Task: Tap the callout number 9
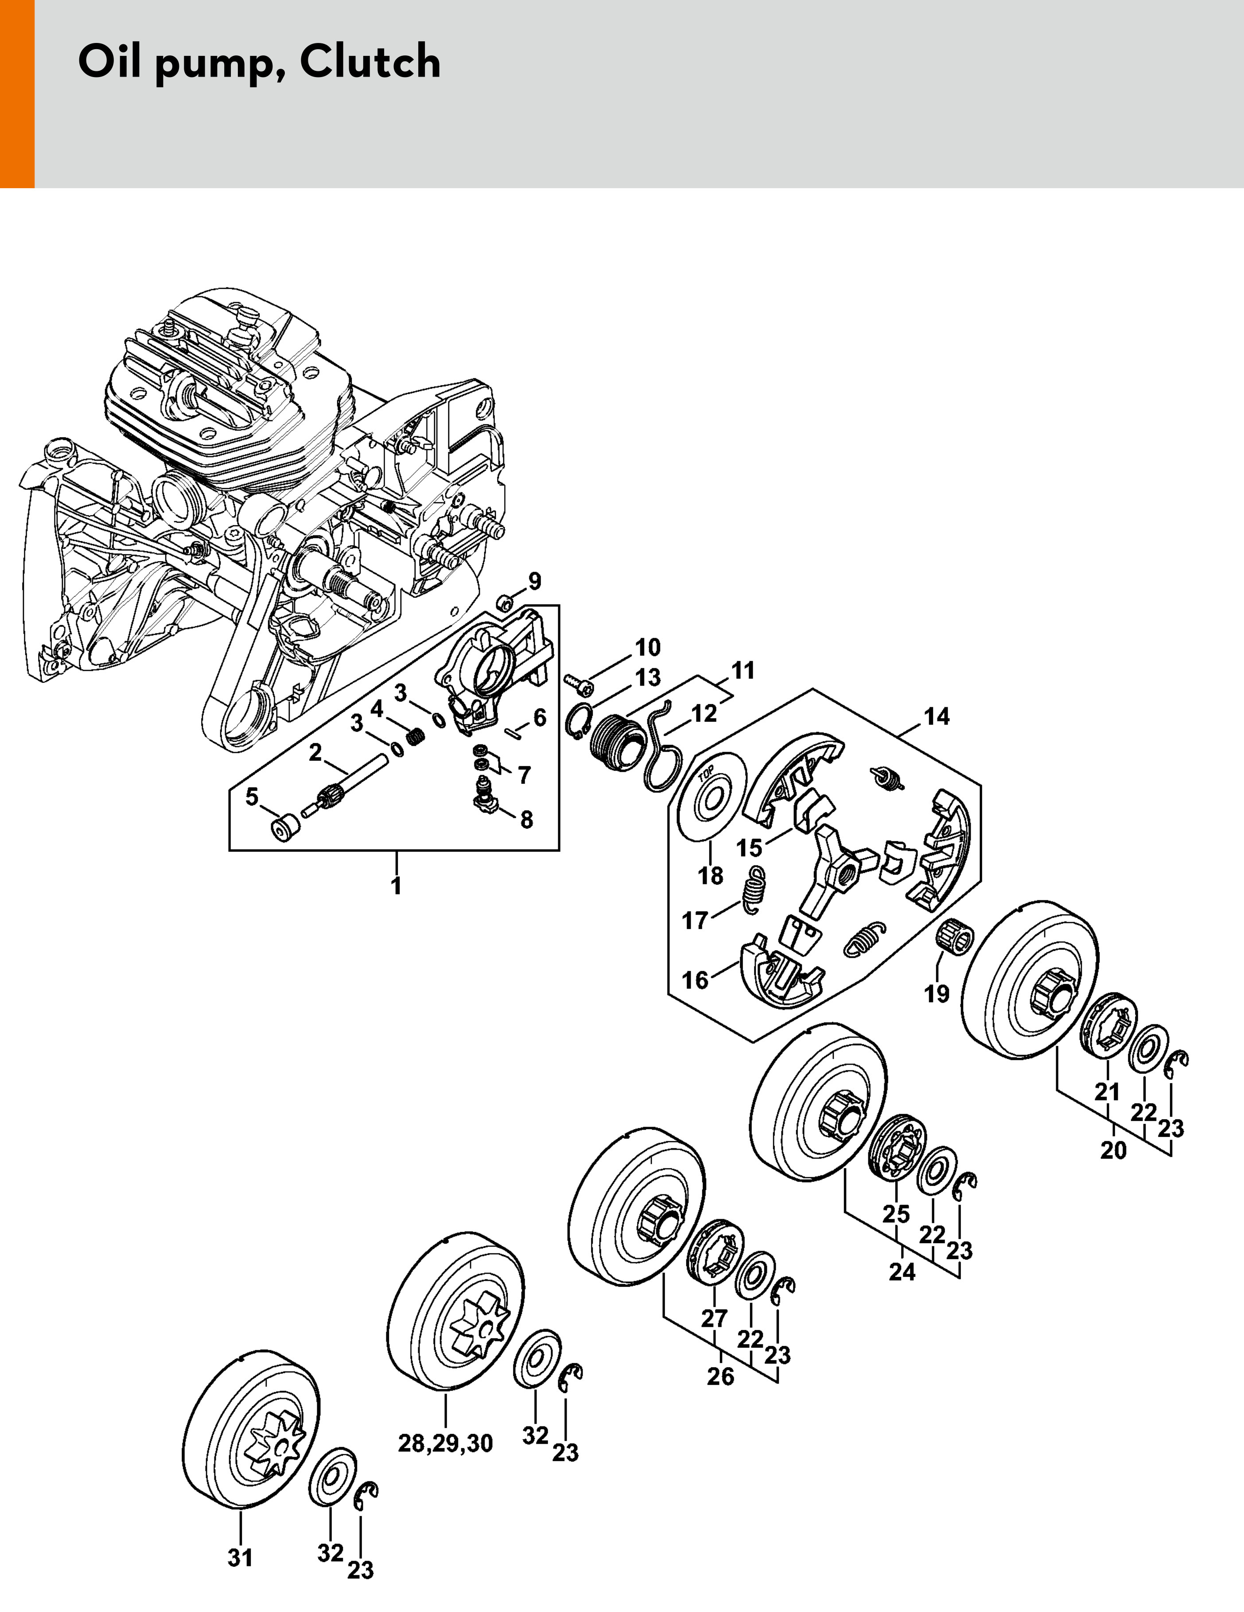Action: coord(535,581)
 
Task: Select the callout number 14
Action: coord(937,716)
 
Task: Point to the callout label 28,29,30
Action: coord(445,1443)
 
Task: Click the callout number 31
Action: coord(241,1558)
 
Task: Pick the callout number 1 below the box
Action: coord(397,885)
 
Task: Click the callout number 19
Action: coord(937,994)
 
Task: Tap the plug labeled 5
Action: coord(282,827)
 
